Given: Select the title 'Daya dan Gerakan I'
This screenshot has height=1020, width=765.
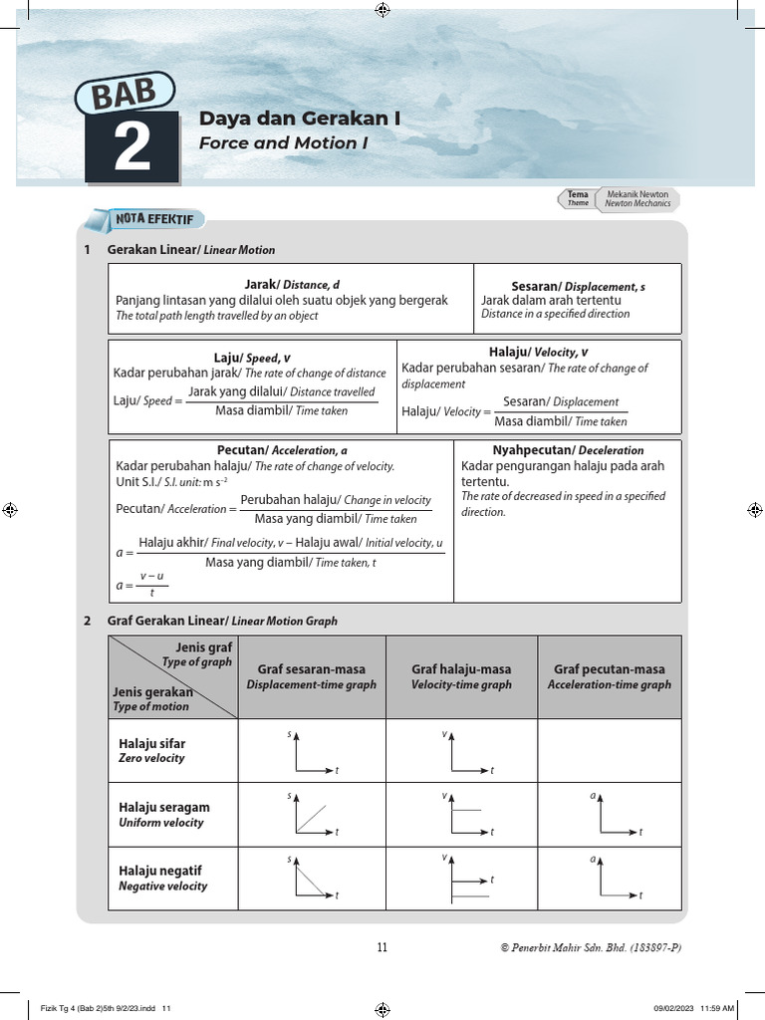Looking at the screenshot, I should (300, 119).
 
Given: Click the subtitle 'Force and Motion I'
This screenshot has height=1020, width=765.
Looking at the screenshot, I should (283, 143).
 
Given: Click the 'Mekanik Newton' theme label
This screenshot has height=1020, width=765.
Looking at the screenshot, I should (637, 194).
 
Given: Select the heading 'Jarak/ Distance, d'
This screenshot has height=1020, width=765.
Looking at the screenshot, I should (292, 285).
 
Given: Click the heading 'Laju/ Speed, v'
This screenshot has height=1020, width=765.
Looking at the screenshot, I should (252, 358).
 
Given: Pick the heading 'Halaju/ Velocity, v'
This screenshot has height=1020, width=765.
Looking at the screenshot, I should (538, 352).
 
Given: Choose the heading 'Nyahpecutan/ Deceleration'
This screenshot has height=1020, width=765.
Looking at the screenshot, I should (568, 450).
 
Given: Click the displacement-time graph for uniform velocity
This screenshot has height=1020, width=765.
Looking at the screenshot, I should (313, 815).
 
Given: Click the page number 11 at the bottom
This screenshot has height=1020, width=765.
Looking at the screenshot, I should (382, 947).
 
